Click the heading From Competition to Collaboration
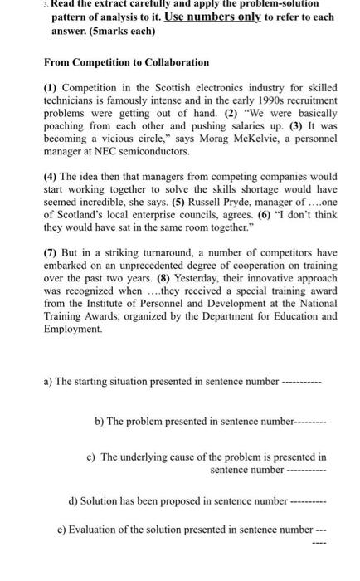(114, 62)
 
